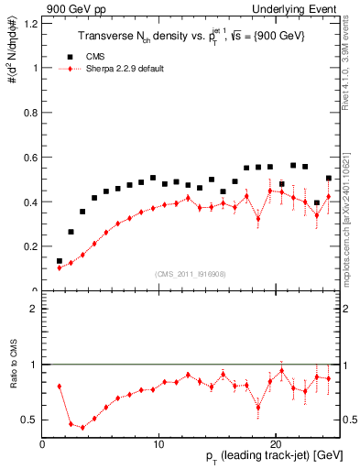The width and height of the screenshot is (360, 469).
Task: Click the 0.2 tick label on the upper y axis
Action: (x=31, y=246)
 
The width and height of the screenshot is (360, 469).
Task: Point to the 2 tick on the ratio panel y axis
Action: (x=36, y=310)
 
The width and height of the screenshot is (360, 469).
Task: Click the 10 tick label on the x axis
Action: (x=158, y=443)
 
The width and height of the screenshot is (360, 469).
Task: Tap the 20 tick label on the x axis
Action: (x=276, y=443)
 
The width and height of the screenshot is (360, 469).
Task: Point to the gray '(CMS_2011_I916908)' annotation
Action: (x=191, y=274)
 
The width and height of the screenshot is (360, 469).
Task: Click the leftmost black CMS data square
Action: (x=60, y=261)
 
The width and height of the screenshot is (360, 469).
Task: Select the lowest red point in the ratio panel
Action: (x=83, y=427)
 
